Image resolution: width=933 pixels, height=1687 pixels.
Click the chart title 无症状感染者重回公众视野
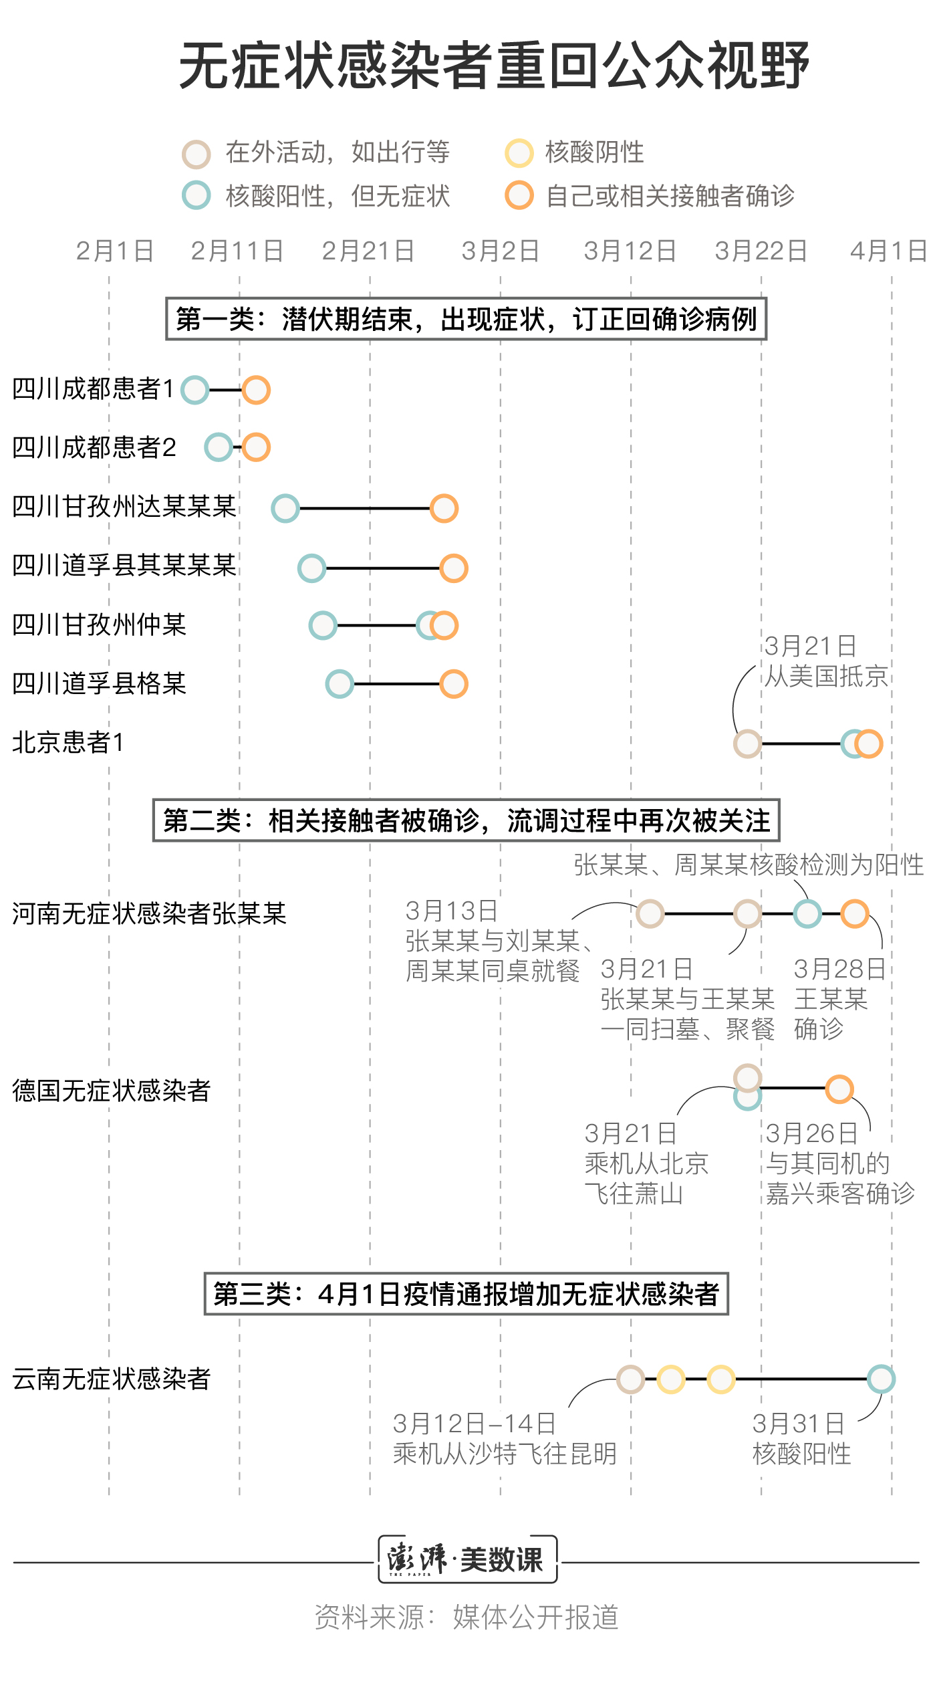tap(494, 66)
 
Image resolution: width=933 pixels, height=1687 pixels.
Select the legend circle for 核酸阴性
tap(519, 153)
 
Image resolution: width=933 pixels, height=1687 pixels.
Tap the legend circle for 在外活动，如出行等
tap(196, 154)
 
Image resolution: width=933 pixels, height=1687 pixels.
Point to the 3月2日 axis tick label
tap(500, 251)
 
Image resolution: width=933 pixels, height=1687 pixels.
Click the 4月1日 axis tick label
tap(888, 251)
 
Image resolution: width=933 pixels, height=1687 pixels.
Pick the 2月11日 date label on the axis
tap(237, 251)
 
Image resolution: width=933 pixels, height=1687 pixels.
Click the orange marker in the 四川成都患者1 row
tap(256, 390)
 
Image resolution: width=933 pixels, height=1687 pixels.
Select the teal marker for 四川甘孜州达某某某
tap(285, 508)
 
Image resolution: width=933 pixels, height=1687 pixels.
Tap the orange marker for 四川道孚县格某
tap(454, 684)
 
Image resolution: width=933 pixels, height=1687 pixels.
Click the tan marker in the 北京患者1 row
tap(747, 744)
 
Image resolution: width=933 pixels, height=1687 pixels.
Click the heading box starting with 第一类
tap(466, 319)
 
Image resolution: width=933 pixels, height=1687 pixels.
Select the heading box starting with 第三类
tap(466, 1294)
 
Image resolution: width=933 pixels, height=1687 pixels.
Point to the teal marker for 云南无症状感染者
tap(881, 1379)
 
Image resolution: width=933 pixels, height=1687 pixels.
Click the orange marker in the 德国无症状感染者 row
tap(839, 1089)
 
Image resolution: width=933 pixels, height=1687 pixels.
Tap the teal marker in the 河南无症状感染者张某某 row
tap(807, 913)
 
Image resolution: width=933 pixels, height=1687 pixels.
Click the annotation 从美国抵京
tap(826, 677)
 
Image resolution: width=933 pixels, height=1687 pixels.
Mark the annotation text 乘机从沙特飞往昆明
tap(505, 1454)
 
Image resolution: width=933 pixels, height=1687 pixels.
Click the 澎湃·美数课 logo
tap(467, 1559)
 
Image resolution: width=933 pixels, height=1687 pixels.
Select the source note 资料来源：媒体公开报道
tap(467, 1617)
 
